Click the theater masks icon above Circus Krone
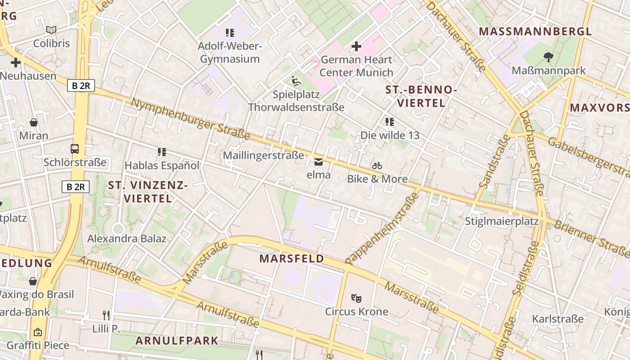click(356, 298)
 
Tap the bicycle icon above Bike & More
click(377, 166)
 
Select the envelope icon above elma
click(319, 162)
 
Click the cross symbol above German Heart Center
click(356, 46)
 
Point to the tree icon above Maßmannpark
click(548, 57)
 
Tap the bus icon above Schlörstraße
click(75, 149)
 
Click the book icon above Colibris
click(51, 30)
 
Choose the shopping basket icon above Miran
click(33, 122)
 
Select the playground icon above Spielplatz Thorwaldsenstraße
click(296, 81)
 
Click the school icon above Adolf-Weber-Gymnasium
click(230, 32)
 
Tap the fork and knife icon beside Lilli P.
click(106, 315)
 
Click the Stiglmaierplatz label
click(501, 221)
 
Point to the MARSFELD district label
click(292, 259)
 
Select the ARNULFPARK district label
click(177, 341)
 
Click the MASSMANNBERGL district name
click(535, 31)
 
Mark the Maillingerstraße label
click(264, 156)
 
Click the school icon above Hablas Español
click(162, 152)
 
